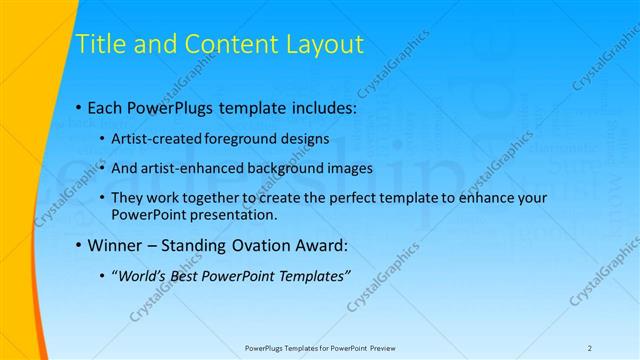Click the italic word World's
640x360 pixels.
(142, 276)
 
